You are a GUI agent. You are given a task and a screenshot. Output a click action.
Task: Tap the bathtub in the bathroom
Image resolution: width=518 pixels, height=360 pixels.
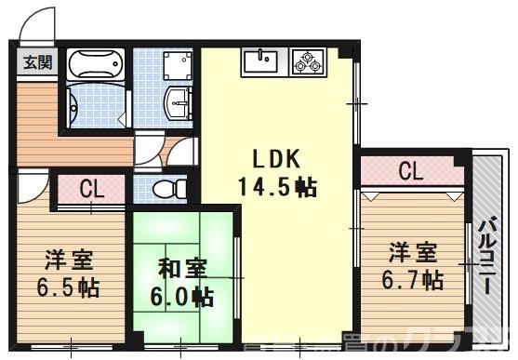tap(96, 64)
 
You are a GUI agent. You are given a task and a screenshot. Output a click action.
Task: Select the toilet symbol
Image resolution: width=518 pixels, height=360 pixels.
tap(165, 190)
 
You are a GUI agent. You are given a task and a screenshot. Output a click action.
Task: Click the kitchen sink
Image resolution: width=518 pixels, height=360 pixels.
tap(261, 62)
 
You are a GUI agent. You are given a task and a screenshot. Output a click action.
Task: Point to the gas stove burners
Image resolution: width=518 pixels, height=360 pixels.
tap(307, 62)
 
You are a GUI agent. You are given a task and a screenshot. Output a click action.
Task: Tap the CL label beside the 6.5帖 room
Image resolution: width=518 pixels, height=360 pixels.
tap(90, 189)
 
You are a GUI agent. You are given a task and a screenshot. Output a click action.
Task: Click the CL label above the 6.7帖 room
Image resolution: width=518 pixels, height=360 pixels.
tap(411, 172)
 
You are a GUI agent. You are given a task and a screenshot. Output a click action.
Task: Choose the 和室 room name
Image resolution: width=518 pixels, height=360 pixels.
tap(183, 269)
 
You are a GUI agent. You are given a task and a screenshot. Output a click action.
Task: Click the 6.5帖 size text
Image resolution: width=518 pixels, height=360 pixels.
tap(70, 287)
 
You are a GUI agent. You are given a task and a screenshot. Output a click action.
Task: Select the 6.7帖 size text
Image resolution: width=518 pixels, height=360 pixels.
tap(412, 278)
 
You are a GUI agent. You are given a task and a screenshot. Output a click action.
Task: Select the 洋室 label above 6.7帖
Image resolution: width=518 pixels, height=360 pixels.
tap(412, 251)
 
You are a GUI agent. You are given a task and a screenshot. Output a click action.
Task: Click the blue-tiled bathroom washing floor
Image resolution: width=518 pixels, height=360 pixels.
tap(96, 102)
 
